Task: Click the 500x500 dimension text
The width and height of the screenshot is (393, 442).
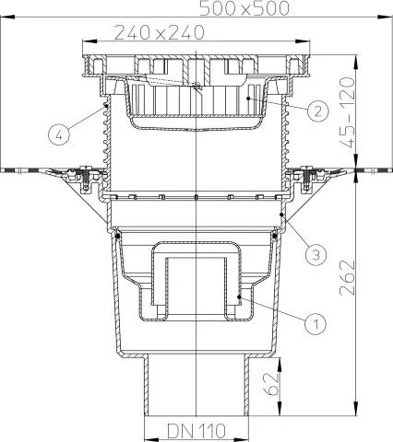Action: [x=244, y=8]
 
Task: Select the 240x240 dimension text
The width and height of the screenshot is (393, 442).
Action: [x=160, y=32]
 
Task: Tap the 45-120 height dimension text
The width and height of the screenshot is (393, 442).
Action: [x=348, y=112]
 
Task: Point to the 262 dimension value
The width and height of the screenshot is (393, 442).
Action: [x=348, y=277]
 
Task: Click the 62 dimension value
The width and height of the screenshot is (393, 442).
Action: [x=271, y=384]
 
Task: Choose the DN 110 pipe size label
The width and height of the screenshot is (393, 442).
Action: [x=196, y=431]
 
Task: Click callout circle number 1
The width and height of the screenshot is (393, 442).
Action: [x=316, y=323]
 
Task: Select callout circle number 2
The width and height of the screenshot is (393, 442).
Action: [x=317, y=110]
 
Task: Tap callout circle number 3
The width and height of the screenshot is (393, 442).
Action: [x=316, y=254]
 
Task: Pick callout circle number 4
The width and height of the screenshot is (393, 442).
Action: [x=59, y=134]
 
